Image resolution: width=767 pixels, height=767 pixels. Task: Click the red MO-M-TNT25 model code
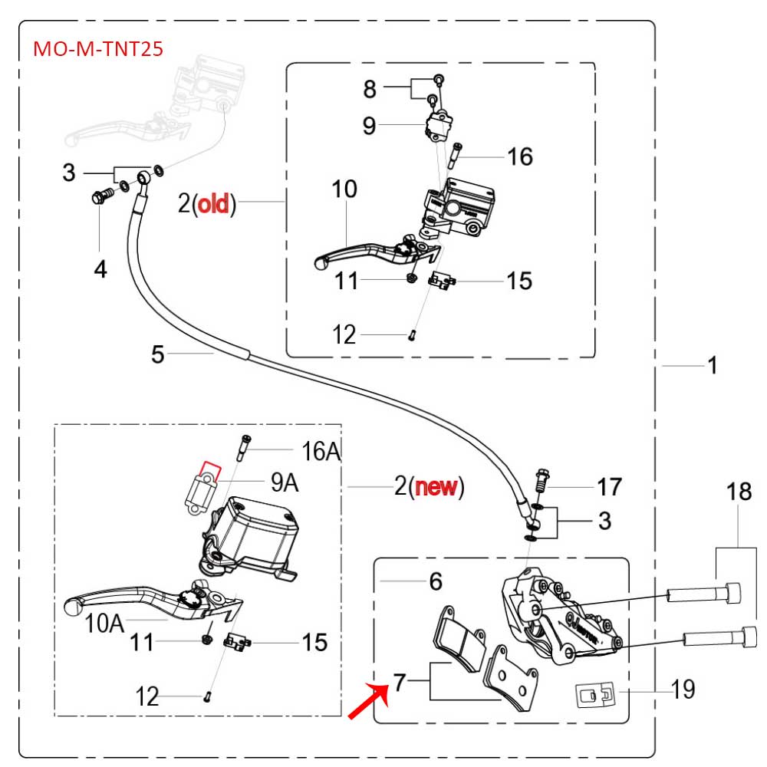(x=97, y=49)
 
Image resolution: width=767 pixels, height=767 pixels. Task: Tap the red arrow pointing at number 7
(x=366, y=702)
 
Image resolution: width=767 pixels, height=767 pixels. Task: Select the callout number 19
(x=682, y=689)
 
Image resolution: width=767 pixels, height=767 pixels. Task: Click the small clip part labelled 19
(x=592, y=695)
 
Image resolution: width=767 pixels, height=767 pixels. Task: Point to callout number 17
(x=609, y=487)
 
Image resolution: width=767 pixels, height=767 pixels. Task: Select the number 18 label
(x=739, y=492)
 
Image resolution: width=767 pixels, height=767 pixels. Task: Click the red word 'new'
(x=438, y=487)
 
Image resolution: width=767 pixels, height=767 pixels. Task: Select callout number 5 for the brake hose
(x=157, y=354)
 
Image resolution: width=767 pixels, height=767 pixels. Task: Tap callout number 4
(x=100, y=268)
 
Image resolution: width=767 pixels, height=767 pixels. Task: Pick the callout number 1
(x=713, y=367)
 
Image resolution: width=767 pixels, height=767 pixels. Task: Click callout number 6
(x=436, y=581)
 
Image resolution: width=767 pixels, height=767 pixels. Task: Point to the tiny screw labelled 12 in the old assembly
(x=412, y=334)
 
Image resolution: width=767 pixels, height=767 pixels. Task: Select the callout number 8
(x=370, y=89)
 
